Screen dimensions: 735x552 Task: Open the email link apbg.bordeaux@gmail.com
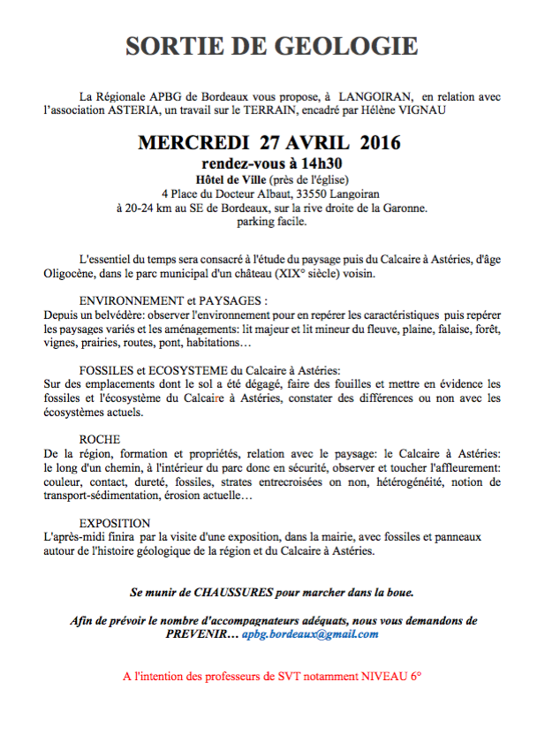coord(310,634)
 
